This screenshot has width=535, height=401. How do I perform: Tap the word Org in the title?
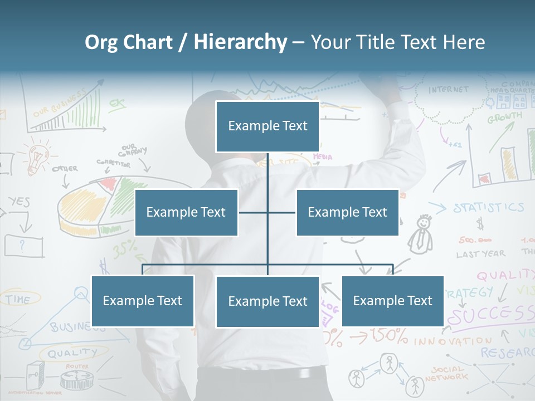pyautogui.click(x=101, y=42)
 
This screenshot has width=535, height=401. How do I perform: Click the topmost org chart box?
pyautogui.click(x=267, y=126)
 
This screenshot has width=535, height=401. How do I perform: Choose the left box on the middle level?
pyautogui.click(x=186, y=213)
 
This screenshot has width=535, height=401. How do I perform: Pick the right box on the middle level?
pyautogui.click(x=347, y=213)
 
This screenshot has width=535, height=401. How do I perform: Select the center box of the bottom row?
pyautogui.click(x=267, y=302)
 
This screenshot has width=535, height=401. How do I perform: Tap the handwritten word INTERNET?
pyautogui.click(x=448, y=90)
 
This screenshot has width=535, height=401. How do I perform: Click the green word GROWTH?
pyautogui.click(x=504, y=118)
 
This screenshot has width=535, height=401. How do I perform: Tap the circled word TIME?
pyautogui.click(x=18, y=299)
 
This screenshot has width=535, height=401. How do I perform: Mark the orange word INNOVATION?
pyautogui.click(x=453, y=341)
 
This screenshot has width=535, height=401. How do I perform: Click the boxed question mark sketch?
pyautogui.click(x=23, y=246)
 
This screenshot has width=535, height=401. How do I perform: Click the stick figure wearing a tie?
pyautogui.click(x=422, y=234)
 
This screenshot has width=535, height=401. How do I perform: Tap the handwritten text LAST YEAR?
pyautogui.click(x=480, y=254)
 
